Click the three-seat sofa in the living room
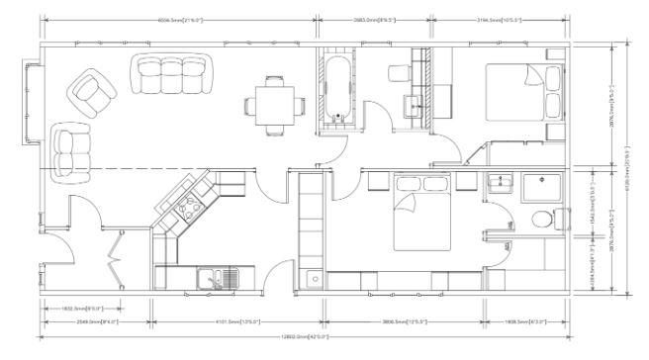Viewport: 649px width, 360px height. (172, 71)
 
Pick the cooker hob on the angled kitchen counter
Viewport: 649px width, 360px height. (189, 209)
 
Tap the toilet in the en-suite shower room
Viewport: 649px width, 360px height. (542, 221)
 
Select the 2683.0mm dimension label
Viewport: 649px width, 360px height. (374, 20)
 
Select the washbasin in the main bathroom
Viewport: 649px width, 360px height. (413, 101)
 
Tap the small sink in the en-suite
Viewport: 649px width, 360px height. (500, 183)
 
